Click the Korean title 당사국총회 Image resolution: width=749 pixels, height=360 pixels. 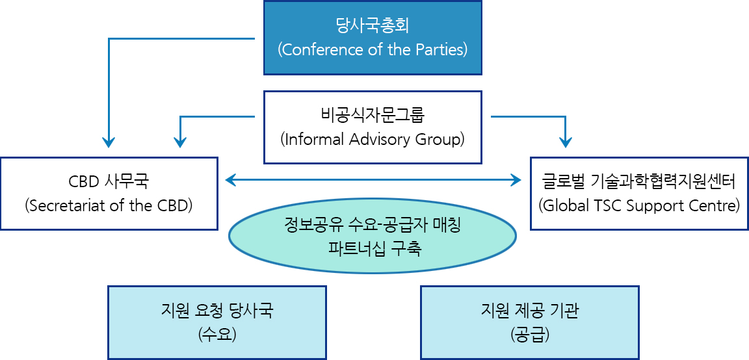pos(373,25)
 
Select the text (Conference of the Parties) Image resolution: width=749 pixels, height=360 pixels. pos(373,49)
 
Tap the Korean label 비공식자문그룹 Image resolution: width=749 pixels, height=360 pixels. pos(373,115)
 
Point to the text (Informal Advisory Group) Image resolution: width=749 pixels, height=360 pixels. pos(373,140)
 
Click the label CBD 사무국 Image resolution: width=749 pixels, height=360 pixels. pos(109,181)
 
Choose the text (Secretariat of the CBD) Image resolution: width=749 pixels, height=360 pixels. pos(109,206)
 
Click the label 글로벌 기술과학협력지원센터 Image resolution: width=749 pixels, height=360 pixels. pos(639,181)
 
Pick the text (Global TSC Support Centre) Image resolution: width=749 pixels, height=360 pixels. pos(639,206)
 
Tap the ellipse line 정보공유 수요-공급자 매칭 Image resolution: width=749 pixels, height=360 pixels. pos(373,224)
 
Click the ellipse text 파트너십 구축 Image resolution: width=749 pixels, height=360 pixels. pos(373,249)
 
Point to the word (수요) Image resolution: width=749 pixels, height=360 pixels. pos(217,335)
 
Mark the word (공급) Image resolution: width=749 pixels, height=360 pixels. pos(530,335)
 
